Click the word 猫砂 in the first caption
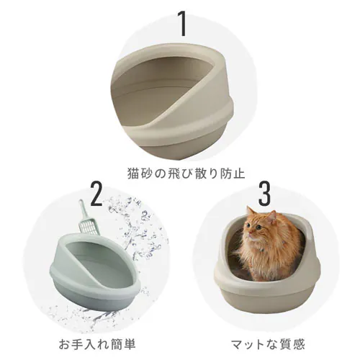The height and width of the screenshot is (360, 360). [x=134, y=174]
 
